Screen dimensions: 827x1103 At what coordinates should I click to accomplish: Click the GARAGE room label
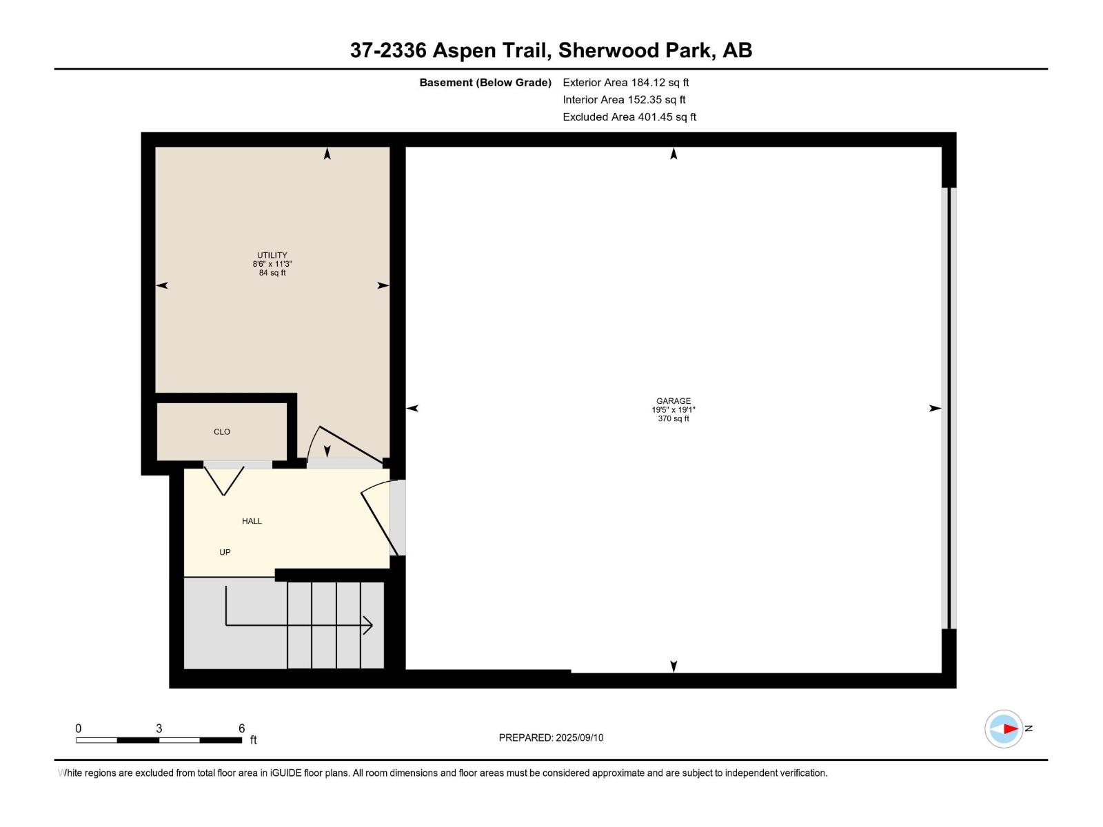click(673, 401)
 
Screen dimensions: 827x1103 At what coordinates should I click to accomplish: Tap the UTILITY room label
click(272, 255)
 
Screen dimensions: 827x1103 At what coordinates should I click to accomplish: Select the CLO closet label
click(222, 432)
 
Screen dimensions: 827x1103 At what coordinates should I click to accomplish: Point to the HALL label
click(252, 521)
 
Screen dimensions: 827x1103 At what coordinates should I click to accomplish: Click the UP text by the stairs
click(225, 552)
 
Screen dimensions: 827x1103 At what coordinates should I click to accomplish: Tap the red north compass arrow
click(1010, 728)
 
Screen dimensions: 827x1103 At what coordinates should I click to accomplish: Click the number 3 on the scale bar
click(159, 728)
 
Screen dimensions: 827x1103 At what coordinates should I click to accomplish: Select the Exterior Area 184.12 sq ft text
click(625, 83)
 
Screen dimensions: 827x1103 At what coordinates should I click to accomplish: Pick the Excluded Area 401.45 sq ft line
click(629, 117)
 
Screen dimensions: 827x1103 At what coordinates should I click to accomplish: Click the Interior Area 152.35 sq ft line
click(624, 100)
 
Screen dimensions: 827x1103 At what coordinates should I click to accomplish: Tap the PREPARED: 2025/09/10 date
click(551, 737)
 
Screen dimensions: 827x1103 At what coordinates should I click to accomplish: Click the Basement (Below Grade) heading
click(485, 83)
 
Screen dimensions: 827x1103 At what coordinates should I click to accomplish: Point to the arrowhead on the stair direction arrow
click(369, 625)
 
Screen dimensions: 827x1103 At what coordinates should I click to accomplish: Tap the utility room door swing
click(345, 445)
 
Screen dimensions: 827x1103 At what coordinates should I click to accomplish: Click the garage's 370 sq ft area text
click(673, 419)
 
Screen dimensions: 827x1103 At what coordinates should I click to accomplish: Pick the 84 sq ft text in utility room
click(272, 273)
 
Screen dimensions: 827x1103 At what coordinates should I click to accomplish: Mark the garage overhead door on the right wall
click(949, 408)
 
